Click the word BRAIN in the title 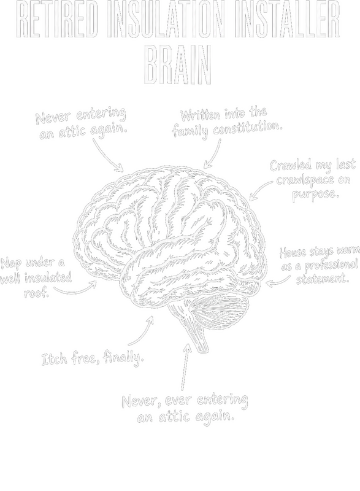click(x=178, y=65)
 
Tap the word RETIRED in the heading click(x=56, y=20)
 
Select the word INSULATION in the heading click(x=166, y=20)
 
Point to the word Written click(x=200, y=115)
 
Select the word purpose click(x=316, y=194)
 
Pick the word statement click(x=323, y=279)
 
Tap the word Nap click(x=11, y=264)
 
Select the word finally click(x=123, y=357)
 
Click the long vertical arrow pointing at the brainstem click(x=185, y=366)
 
